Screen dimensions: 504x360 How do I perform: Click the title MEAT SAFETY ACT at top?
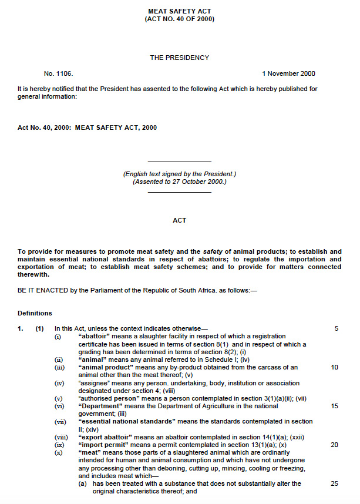(x=180, y=11)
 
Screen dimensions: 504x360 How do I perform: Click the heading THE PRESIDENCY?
(x=180, y=58)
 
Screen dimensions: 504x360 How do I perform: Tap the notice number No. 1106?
(x=58, y=73)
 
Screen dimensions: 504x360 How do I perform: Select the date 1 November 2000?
(x=288, y=73)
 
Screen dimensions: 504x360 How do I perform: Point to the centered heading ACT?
(x=180, y=220)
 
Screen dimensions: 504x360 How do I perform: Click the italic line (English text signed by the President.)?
(x=179, y=174)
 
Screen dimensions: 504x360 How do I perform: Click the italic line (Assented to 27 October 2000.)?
(x=179, y=182)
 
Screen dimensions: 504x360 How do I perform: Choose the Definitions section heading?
(x=35, y=313)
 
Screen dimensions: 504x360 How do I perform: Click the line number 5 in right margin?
(x=337, y=328)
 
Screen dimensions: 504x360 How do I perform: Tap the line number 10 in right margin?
(x=335, y=367)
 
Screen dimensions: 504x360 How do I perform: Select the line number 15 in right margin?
(x=335, y=406)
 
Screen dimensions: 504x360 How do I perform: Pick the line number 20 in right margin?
(x=335, y=445)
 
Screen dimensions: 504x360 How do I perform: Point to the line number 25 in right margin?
(x=335, y=483)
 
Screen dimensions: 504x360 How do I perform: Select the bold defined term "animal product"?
(x=106, y=367)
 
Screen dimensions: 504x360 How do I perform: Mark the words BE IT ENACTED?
(x=42, y=290)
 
